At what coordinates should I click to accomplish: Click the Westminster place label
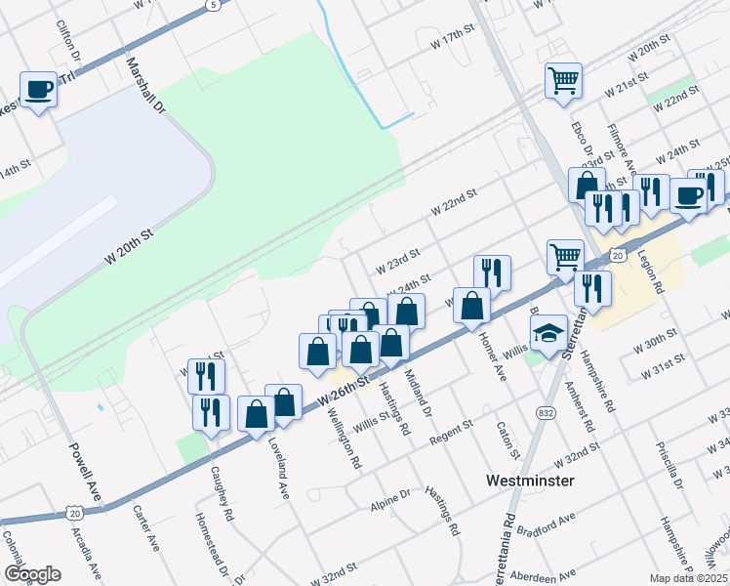530,481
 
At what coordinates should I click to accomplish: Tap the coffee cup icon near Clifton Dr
38,90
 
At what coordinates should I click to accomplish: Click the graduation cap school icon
551,333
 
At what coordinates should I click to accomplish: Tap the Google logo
32,574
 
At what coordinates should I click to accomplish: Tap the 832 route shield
542,414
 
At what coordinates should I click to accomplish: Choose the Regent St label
450,431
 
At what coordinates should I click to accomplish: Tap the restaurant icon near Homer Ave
492,273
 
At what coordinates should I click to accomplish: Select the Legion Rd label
651,270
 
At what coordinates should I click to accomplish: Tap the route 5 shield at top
212,6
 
